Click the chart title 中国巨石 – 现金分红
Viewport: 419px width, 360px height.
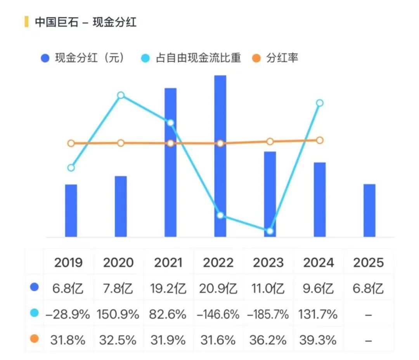point(85,22)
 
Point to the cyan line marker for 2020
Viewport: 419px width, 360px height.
point(121,95)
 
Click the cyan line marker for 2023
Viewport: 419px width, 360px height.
point(270,231)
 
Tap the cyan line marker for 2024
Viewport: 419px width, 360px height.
point(320,103)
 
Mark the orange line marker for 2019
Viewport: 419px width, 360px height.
point(71,143)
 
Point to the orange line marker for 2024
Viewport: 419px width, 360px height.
point(320,140)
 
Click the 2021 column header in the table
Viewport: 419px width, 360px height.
point(168,263)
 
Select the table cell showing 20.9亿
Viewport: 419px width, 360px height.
point(218,289)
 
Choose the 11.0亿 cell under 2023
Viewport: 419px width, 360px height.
point(268,289)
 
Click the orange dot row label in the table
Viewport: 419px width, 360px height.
point(35,339)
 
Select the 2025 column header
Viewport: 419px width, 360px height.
point(368,263)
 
